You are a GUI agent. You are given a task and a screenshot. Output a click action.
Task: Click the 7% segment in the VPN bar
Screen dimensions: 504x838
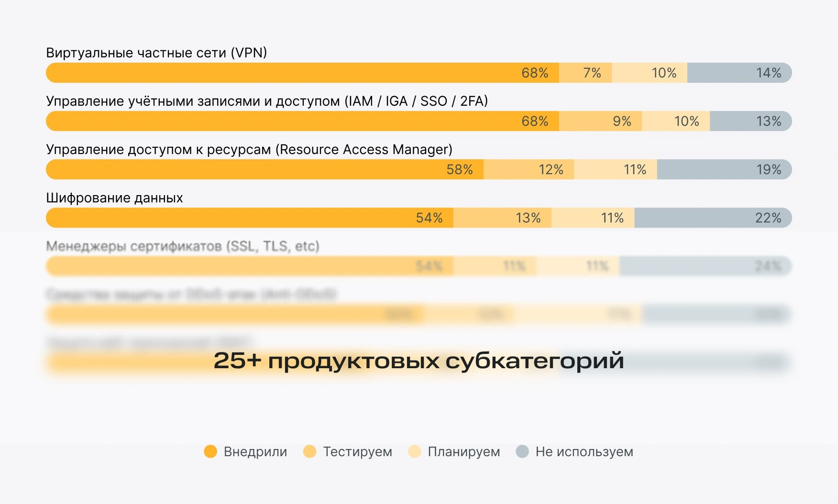point(585,73)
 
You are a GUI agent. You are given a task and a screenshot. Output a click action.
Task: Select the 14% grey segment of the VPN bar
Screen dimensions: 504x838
point(739,73)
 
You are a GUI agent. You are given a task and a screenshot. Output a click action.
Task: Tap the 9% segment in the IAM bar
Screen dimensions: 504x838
point(600,121)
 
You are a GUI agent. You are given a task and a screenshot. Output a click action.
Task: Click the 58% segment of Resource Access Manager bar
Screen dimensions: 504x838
point(265,169)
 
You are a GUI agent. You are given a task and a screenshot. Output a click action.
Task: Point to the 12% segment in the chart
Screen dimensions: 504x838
point(529,169)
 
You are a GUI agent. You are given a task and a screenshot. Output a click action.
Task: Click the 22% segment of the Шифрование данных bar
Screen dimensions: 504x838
point(713,218)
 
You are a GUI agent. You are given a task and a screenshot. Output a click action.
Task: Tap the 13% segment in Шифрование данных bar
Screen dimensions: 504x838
point(502,218)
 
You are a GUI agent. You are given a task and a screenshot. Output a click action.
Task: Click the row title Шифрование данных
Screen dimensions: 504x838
point(114,198)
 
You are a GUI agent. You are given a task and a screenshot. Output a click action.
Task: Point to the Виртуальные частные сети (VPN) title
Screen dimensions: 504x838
point(156,53)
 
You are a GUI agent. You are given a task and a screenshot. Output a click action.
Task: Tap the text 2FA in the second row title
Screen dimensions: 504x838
point(471,101)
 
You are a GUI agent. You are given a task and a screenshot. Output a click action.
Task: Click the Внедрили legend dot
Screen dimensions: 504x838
point(210,451)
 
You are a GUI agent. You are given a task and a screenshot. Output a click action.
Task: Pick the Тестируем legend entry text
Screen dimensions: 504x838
point(357,452)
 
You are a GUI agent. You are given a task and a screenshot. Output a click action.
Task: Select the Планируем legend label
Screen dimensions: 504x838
point(463,452)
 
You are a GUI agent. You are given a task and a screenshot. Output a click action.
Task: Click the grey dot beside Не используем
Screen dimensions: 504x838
point(522,451)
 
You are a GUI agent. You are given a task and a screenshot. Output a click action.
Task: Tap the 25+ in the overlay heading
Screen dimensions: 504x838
point(237,361)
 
